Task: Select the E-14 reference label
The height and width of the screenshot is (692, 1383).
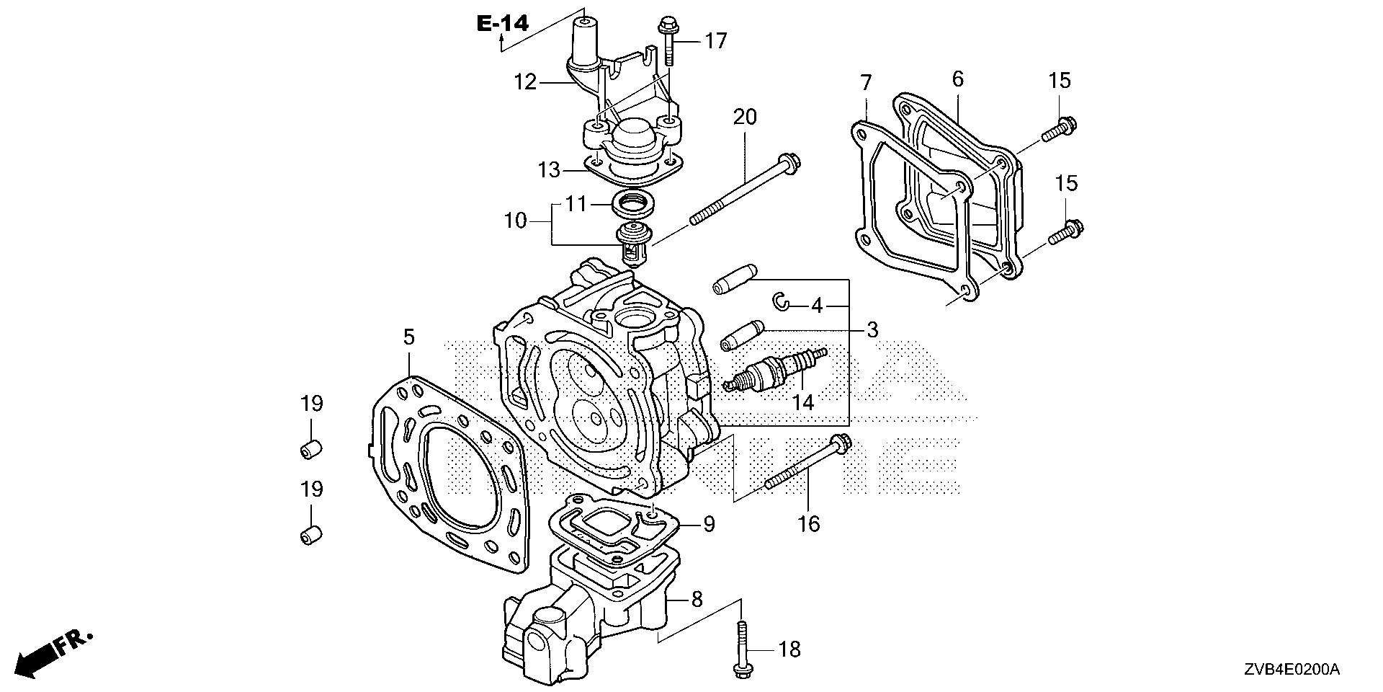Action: pos(502,24)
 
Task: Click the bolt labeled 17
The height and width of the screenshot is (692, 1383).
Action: pos(666,40)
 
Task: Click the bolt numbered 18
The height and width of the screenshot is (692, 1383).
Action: pos(742,649)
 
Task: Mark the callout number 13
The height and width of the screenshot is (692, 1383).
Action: pos(550,170)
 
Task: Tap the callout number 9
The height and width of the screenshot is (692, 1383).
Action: pos(709,524)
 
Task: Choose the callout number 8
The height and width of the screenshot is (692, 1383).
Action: pos(697,599)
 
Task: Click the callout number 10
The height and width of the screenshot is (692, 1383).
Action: pos(516,221)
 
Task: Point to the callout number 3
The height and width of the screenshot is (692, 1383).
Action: pos(872,330)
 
